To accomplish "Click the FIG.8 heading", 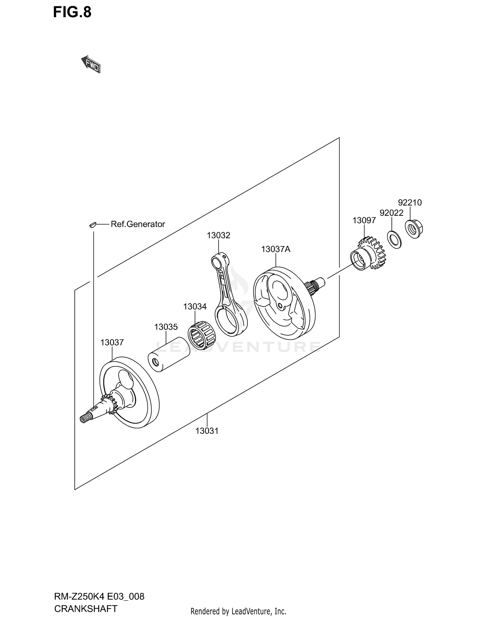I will click(x=72, y=12).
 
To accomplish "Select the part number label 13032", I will click(x=218, y=235).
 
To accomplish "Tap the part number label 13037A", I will click(x=276, y=249).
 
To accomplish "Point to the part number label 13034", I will click(x=195, y=306).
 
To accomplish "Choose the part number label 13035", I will click(x=166, y=327).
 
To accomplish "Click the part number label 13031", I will click(x=207, y=431).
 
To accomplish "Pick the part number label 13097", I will click(x=364, y=220).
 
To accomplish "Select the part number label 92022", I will click(x=391, y=213).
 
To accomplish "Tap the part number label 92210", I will click(x=410, y=202).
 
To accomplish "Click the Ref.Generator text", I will click(x=138, y=224).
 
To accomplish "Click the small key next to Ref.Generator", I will click(x=92, y=225).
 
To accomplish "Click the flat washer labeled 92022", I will click(x=394, y=240).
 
